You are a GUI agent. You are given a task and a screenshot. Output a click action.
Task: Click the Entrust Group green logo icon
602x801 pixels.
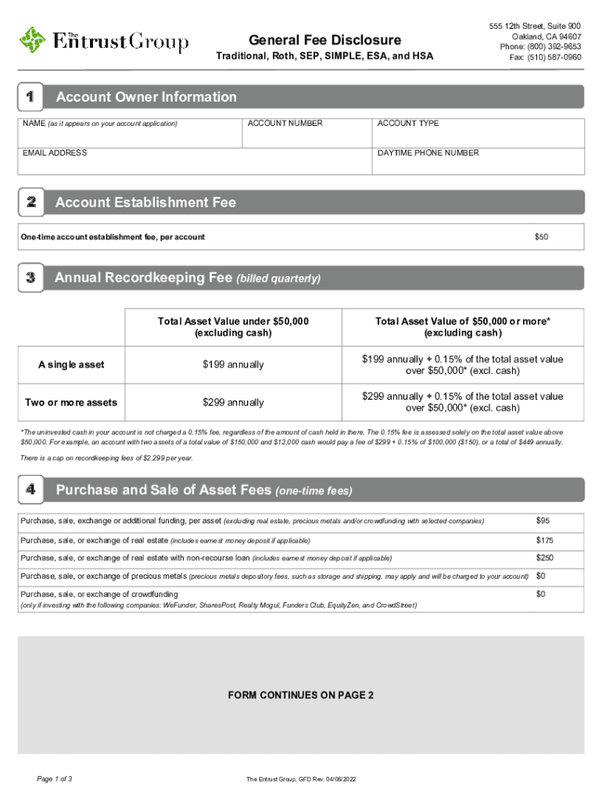[x=33, y=40]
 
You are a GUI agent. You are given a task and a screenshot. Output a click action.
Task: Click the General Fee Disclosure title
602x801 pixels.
[x=324, y=40]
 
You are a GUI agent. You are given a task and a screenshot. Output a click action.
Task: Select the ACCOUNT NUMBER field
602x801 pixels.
[x=306, y=135]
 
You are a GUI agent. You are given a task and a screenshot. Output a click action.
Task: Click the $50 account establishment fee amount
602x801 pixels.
[x=541, y=237]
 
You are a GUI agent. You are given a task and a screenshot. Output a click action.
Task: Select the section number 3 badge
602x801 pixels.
[x=30, y=278]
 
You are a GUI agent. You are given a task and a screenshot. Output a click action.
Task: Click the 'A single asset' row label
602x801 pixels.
[x=72, y=365]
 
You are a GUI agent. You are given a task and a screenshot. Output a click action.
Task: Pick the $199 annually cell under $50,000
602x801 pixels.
[x=233, y=365]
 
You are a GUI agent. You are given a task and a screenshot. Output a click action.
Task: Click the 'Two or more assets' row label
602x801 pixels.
[x=71, y=402]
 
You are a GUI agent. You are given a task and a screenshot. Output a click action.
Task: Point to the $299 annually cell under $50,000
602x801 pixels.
[x=233, y=402]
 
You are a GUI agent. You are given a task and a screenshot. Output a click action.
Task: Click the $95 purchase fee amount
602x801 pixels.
[x=543, y=521]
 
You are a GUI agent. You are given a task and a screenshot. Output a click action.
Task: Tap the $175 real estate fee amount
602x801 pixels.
[x=544, y=541]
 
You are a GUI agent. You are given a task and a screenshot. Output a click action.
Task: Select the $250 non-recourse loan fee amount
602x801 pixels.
[x=544, y=558]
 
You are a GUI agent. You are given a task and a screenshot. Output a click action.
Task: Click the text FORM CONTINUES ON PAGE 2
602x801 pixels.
[x=300, y=695]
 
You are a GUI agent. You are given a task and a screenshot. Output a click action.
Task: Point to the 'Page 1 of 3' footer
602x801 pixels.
[x=56, y=779]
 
